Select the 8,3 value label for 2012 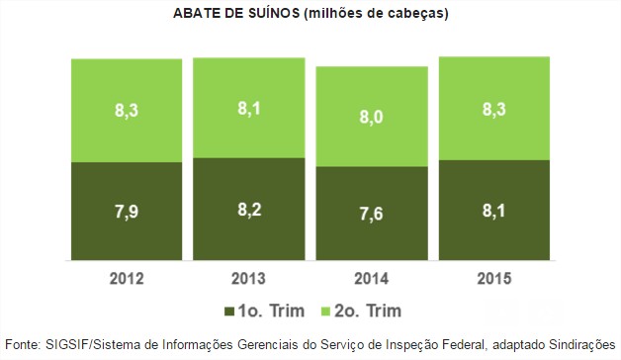point(127,110)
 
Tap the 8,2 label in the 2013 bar point(248,211)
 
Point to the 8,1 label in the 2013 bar point(248,107)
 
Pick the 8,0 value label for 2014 point(371,116)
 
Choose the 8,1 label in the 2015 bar point(493,211)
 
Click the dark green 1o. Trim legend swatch point(229,312)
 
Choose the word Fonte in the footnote point(21,345)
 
